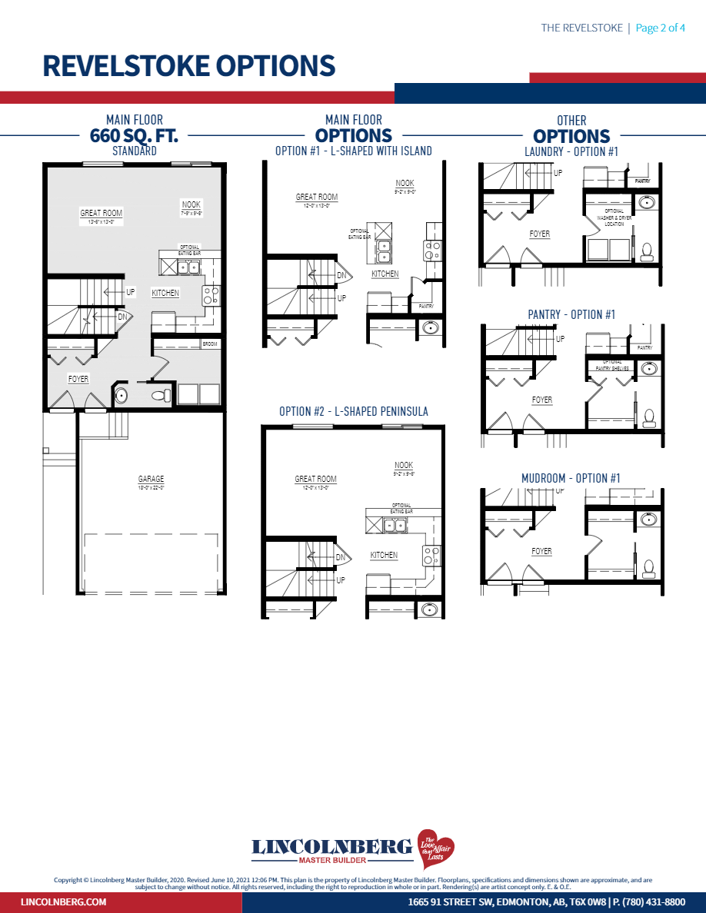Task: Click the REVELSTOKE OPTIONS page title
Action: [x=188, y=66]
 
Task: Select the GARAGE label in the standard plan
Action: [x=151, y=479]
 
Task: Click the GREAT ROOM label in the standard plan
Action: [x=102, y=213]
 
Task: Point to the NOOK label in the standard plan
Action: [x=191, y=204]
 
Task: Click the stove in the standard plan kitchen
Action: [x=211, y=295]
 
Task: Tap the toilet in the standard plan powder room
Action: [x=161, y=396]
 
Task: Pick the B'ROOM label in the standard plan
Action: [x=210, y=344]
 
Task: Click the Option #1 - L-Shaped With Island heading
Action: [x=353, y=151]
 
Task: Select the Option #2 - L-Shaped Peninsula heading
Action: [x=353, y=412]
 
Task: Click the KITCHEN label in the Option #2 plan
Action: [x=384, y=555]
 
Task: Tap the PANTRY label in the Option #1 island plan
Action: [x=426, y=306]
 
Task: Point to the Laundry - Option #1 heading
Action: [x=571, y=152]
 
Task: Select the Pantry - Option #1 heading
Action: [x=571, y=315]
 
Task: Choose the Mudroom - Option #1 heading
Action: [x=571, y=478]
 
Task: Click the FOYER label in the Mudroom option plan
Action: [x=541, y=551]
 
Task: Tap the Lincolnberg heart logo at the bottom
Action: [x=435, y=848]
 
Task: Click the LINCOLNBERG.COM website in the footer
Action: [x=63, y=901]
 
